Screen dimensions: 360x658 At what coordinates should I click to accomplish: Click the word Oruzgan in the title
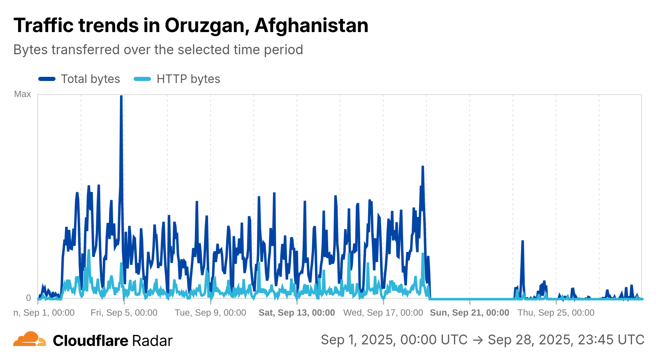click(204, 25)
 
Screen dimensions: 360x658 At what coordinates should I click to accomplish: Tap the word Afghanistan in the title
click(311, 25)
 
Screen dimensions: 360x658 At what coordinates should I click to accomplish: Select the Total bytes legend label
click(90, 79)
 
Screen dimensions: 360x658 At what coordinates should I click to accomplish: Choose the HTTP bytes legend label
click(188, 79)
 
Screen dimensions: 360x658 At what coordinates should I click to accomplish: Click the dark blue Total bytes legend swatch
click(47, 79)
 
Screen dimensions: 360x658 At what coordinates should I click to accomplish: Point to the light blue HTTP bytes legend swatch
click(142, 79)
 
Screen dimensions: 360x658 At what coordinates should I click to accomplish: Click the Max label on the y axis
click(23, 94)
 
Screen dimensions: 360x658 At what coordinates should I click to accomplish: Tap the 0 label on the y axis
click(28, 298)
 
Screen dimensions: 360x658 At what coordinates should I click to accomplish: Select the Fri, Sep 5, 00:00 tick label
click(124, 313)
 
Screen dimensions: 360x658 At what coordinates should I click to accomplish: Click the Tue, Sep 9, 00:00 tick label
click(210, 313)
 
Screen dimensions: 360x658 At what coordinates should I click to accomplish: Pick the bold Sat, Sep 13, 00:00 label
click(297, 313)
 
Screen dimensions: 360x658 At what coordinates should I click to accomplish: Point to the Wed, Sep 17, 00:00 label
click(383, 313)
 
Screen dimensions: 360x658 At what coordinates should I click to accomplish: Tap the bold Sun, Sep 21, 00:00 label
click(469, 313)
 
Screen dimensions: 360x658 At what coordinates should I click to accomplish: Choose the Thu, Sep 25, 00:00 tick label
click(556, 313)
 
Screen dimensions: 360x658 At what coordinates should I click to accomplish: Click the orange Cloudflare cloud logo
click(29, 339)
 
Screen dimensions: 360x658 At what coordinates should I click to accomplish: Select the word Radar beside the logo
click(152, 341)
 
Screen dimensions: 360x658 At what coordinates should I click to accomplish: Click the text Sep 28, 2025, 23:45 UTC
click(566, 340)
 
